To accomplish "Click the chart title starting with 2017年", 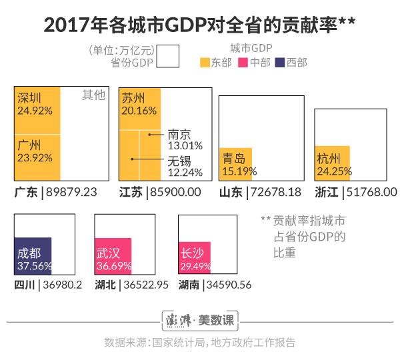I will pos(200,24).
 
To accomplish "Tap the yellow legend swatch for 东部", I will pos(205,63).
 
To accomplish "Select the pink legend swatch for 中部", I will pos(243,63).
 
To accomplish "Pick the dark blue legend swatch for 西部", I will pos(280,63).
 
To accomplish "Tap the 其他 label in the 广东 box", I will pos(93,95).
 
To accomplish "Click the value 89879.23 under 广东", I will pos(71,192).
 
